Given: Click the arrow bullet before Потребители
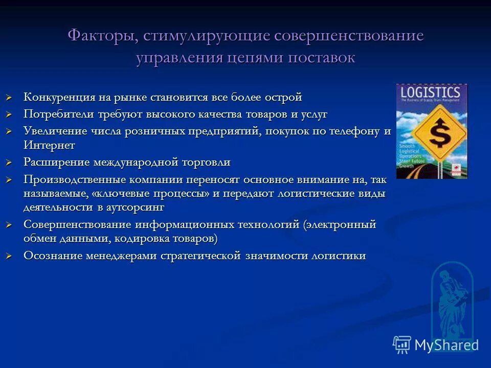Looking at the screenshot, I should coord(9,114).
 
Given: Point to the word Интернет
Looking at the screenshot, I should coord(49,145).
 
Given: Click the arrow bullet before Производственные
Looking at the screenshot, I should coord(9,180).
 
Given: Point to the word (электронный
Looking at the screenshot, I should coord(340,225).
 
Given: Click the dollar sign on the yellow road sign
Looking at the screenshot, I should coord(438,134).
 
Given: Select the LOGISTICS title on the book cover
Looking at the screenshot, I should coord(431,94).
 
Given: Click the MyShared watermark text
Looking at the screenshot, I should coord(446,345).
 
